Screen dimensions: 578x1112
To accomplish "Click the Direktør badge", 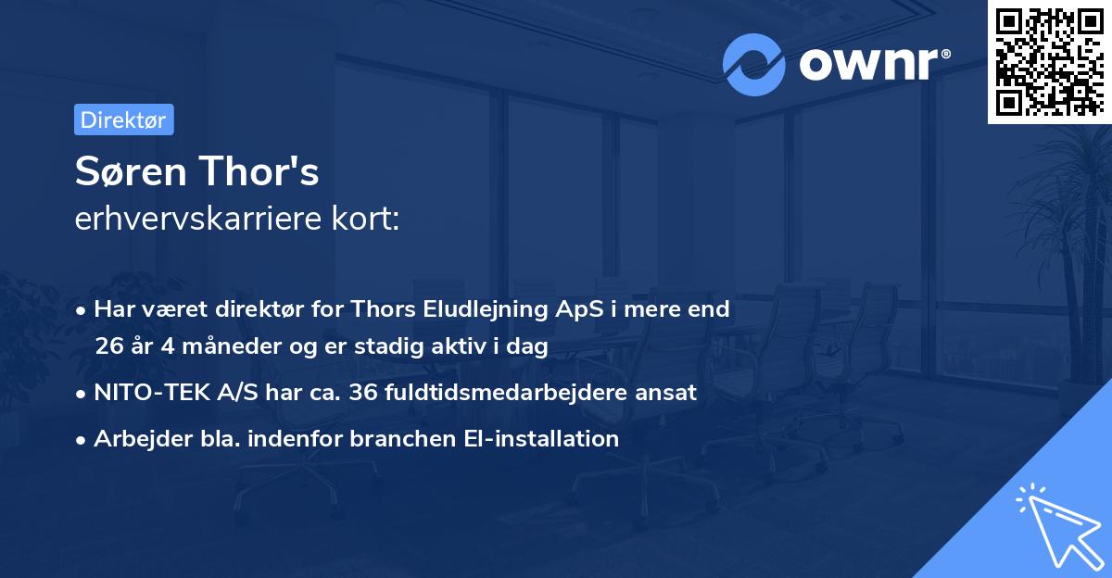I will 123,119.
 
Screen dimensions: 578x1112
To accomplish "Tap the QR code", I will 1047,61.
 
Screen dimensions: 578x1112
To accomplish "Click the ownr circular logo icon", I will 754,65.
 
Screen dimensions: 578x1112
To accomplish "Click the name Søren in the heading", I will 128,172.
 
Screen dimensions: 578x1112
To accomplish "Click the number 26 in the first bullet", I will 108,346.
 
